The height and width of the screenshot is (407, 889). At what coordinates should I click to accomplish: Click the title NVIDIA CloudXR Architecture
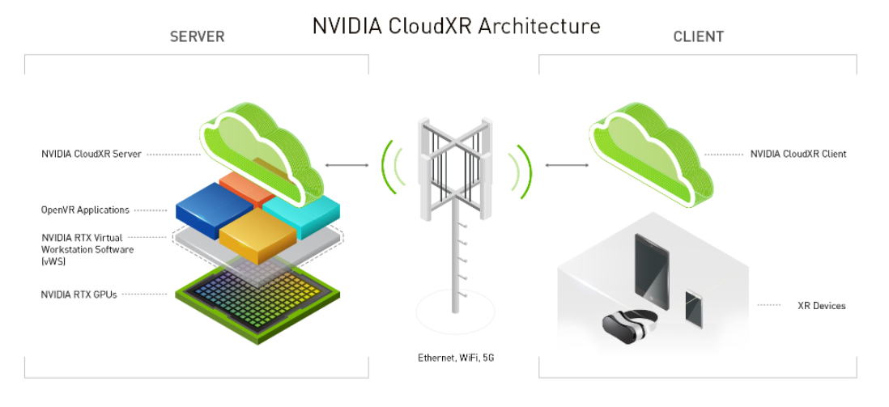coord(456,26)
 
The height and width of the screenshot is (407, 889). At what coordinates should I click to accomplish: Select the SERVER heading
coord(197,37)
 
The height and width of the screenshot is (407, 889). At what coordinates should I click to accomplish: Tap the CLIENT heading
coord(698,37)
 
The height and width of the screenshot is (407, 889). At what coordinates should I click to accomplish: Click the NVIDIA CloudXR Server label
coord(91,154)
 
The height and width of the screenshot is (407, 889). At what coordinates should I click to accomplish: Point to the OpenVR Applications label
coord(85,210)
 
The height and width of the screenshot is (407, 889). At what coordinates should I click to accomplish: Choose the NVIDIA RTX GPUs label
coord(79,295)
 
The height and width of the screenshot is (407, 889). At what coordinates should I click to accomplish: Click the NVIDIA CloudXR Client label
coord(798,154)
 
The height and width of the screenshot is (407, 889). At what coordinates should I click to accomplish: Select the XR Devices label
coord(821,306)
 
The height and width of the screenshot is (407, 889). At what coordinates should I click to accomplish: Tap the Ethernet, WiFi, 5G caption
coord(455,357)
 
